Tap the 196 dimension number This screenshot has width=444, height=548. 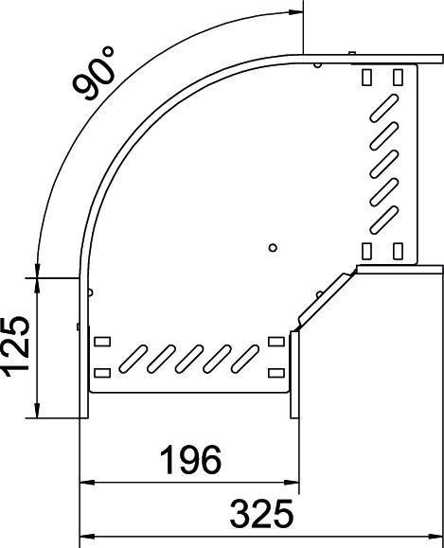point(190,460)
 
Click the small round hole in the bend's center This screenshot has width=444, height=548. point(272,248)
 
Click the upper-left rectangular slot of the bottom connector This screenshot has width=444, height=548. point(101,341)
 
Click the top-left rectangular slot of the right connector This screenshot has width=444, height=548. point(368,76)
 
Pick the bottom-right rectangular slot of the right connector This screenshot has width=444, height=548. point(398,250)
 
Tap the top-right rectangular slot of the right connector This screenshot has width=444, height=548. point(398,76)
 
